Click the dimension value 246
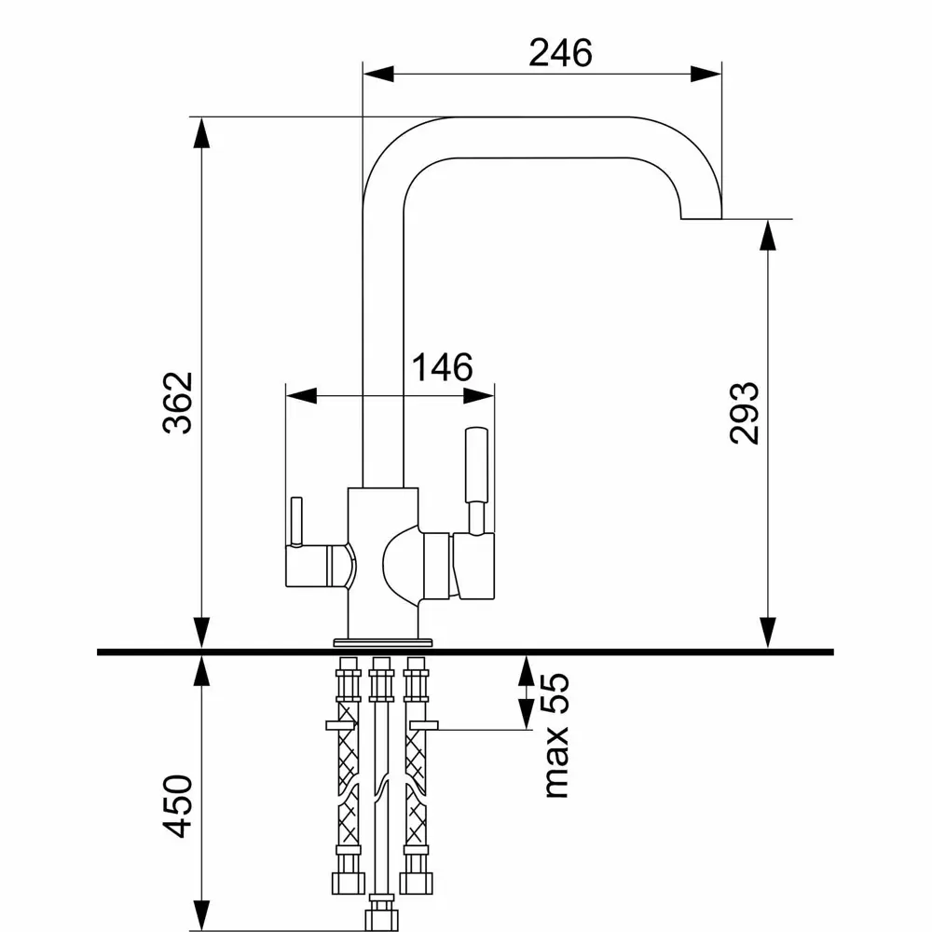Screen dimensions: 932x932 click(x=560, y=53)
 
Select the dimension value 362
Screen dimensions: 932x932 click(x=178, y=403)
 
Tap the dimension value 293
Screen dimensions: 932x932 click(x=744, y=413)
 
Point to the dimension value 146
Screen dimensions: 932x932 click(x=442, y=367)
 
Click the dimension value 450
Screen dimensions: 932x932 click(x=178, y=806)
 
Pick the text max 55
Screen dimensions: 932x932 click(x=556, y=735)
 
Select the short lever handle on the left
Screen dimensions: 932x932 click(x=296, y=521)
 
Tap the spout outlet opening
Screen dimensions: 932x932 click(x=701, y=218)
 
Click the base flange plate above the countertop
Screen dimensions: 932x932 click(x=383, y=642)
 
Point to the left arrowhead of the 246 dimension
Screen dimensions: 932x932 click(x=378, y=75)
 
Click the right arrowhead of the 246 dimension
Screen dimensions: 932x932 click(x=706, y=75)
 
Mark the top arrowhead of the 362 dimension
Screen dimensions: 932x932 click(x=202, y=133)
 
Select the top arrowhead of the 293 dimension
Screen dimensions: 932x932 click(x=768, y=236)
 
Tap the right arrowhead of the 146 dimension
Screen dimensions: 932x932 click(x=478, y=396)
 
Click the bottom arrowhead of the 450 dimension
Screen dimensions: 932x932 click(x=202, y=916)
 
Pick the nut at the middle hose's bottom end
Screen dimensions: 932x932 click(x=381, y=916)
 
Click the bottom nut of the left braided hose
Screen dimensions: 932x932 click(x=349, y=883)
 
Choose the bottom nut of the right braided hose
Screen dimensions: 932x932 click(x=416, y=883)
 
